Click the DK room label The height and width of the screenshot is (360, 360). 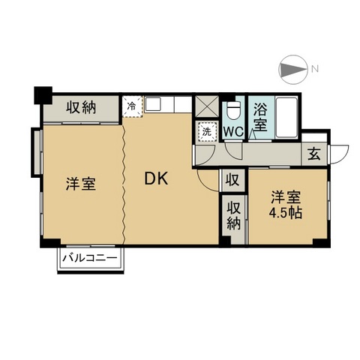(x=156, y=178)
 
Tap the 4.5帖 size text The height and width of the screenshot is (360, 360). (x=285, y=213)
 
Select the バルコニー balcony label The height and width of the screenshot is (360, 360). (x=90, y=257)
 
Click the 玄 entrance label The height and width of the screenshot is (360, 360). (x=314, y=154)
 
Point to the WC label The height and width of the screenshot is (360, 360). (x=233, y=131)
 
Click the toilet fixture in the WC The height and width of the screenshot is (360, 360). (x=233, y=110)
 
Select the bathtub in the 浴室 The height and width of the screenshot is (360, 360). (x=286, y=117)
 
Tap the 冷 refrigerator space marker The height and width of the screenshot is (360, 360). (x=132, y=106)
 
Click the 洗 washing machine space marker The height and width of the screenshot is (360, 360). (x=207, y=131)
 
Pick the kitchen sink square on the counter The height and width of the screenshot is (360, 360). (x=153, y=104)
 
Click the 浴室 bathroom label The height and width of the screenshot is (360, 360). (x=260, y=117)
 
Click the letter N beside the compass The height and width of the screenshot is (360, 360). (x=315, y=68)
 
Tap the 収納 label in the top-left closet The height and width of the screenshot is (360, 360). (x=81, y=108)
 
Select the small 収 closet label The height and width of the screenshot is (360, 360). (x=232, y=180)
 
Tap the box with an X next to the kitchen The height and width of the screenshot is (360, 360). (x=206, y=106)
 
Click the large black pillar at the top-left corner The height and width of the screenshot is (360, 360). (x=43, y=95)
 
